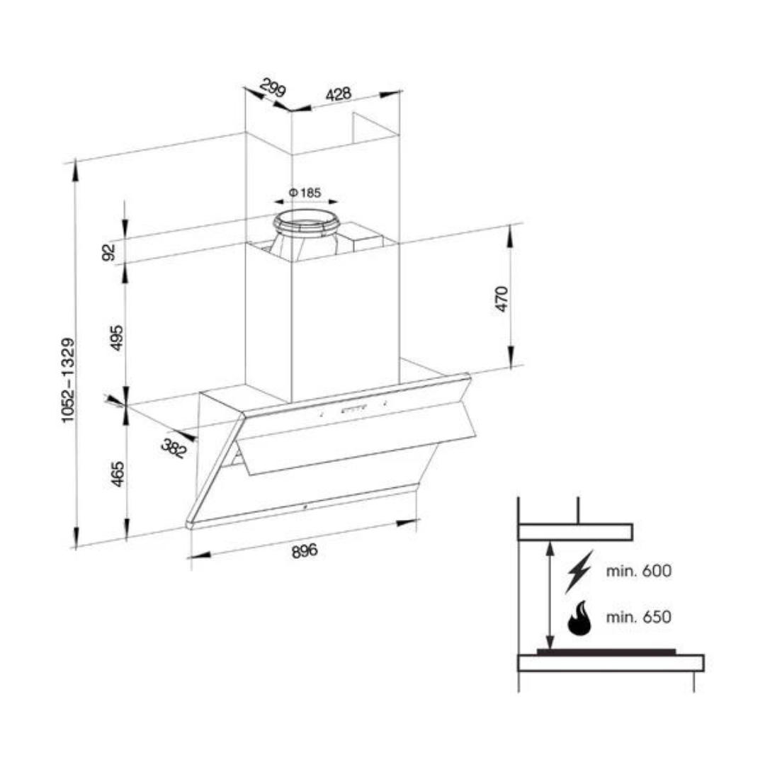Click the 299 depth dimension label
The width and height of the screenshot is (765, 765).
click(273, 88)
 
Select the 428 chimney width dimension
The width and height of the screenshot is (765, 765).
click(338, 93)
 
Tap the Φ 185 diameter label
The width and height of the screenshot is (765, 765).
click(305, 193)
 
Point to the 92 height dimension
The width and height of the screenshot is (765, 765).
click(109, 252)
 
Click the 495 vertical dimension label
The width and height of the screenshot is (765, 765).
click(117, 338)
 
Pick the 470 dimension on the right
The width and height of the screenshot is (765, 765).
click(501, 299)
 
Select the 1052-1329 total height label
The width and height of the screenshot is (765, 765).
click(69, 380)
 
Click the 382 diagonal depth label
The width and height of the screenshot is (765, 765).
click(174, 448)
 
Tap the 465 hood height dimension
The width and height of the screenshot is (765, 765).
click(118, 474)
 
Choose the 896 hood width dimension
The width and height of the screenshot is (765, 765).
click(305, 551)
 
